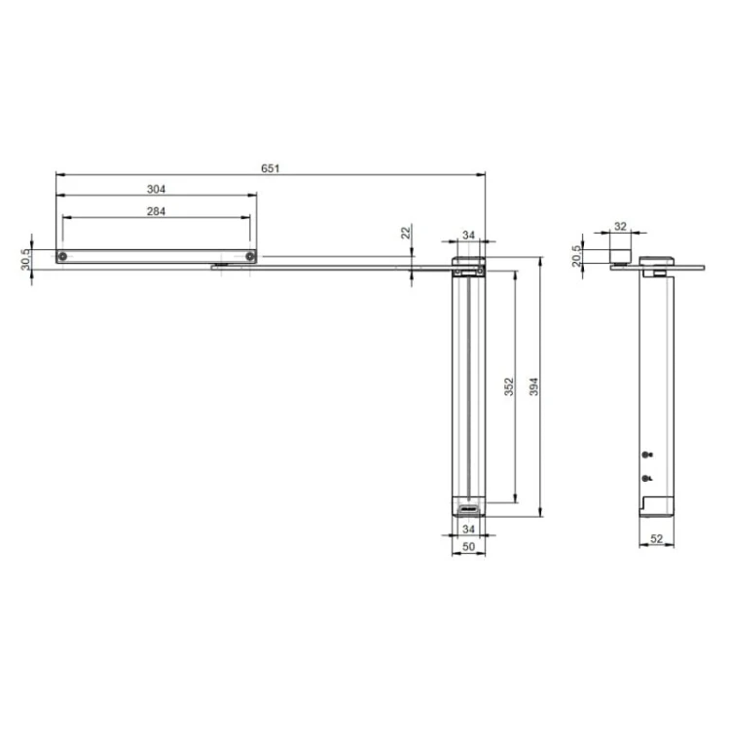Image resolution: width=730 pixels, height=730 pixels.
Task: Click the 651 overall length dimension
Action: [270, 168]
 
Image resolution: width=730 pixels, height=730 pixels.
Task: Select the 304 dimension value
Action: [156, 189]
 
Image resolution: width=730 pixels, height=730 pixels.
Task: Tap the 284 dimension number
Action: [156, 211]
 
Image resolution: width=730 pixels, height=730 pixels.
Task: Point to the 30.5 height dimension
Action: [25, 259]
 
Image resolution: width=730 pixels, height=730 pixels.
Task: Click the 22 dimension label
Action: [406, 232]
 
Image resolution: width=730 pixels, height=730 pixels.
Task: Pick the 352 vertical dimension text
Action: [509, 386]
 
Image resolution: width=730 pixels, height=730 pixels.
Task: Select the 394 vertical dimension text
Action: [534, 386]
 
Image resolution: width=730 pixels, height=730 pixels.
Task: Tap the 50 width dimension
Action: [468, 547]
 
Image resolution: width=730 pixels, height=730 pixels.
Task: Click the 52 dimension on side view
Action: [656, 538]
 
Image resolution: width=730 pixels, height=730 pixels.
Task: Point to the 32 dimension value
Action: [620, 226]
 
